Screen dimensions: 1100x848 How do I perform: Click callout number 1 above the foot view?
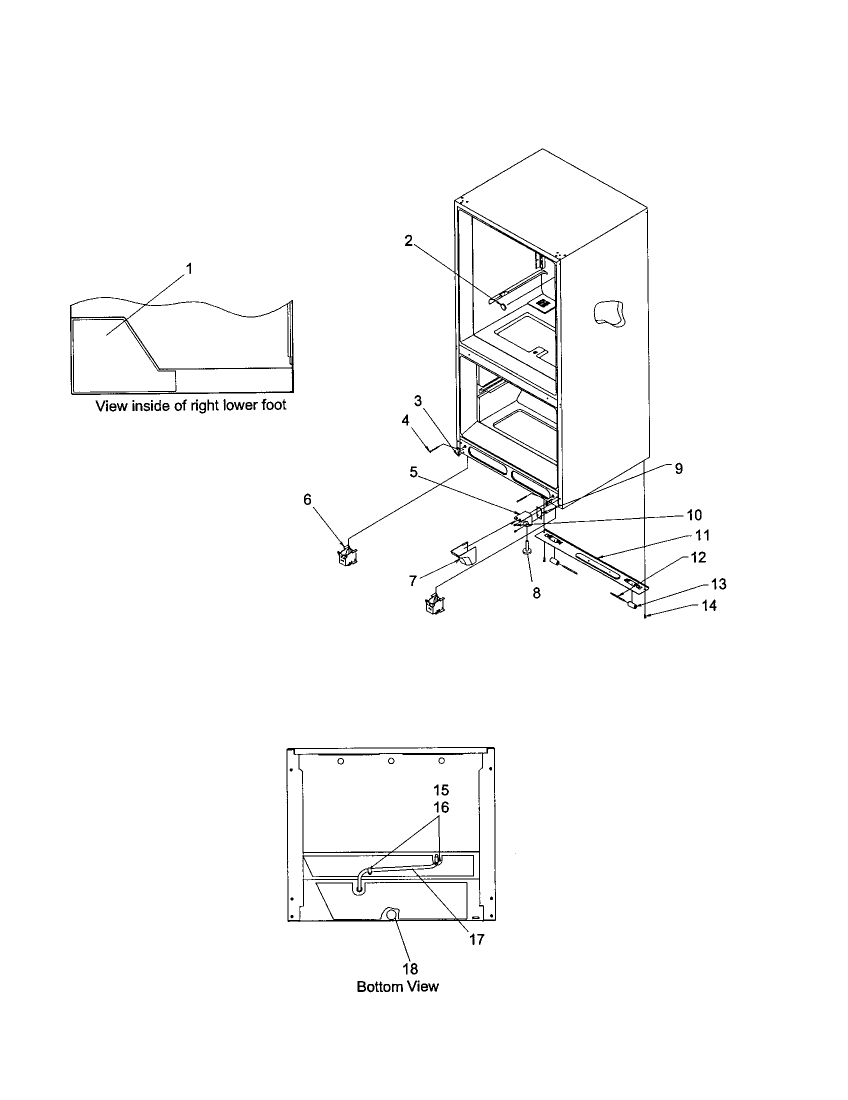tap(189, 269)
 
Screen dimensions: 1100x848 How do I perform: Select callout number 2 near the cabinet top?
tap(408, 241)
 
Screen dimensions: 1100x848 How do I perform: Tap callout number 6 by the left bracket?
tap(307, 499)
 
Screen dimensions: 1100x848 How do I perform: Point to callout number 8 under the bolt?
tap(536, 593)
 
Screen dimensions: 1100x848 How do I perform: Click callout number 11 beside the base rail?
tap(702, 535)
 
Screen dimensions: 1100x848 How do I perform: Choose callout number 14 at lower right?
tap(709, 605)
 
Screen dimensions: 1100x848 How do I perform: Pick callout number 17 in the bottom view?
tap(476, 939)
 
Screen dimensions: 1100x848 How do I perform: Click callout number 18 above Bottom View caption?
tap(410, 968)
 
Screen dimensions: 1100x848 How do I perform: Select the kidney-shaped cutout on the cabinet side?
tap(609, 313)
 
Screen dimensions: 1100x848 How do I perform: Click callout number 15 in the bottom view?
tap(441, 789)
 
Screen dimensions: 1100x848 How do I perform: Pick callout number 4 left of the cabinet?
tap(405, 420)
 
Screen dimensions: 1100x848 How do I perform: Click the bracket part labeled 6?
tap(347, 555)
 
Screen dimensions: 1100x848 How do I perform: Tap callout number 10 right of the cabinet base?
tap(694, 514)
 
